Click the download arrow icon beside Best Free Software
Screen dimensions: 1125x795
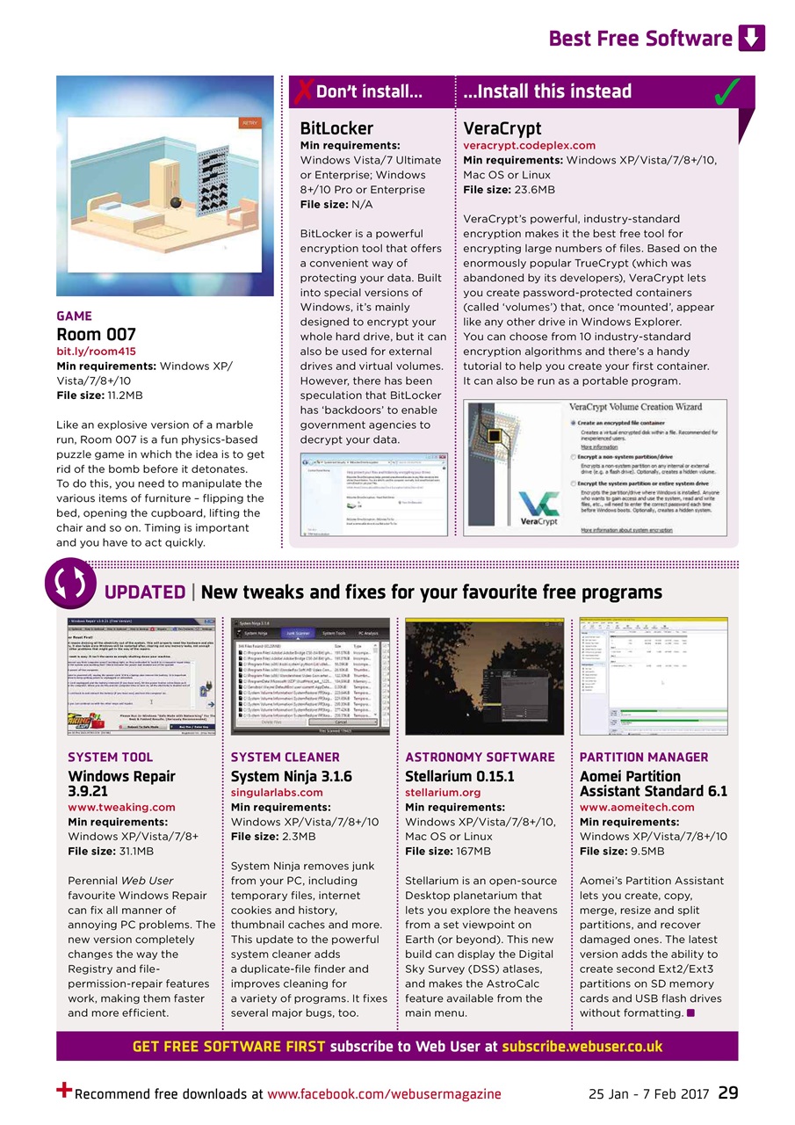(752, 38)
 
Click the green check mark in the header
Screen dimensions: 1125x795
(726, 91)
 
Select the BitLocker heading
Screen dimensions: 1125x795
(336, 128)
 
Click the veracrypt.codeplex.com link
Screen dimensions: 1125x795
(529, 145)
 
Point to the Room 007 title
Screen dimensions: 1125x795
(96, 334)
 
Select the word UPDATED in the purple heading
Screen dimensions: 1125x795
(145, 592)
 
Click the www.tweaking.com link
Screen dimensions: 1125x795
(121, 807)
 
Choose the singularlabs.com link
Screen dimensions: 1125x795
(277, 792)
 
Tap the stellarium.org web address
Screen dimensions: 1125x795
(443, 792)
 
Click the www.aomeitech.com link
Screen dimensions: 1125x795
(637, 807)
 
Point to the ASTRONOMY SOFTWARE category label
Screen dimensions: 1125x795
(480, 757)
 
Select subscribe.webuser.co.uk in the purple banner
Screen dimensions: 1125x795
(582, 1046)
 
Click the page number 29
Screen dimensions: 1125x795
(727, 1093)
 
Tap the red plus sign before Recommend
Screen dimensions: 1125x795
(63, 1091)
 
